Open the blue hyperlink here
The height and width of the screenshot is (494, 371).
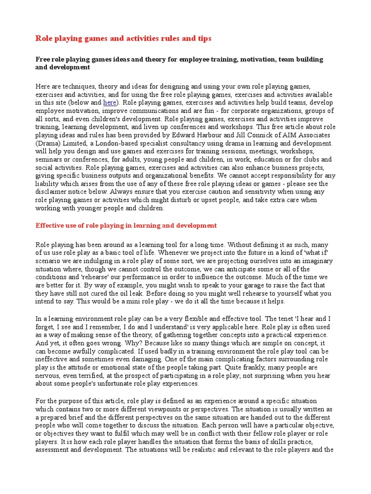109,103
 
